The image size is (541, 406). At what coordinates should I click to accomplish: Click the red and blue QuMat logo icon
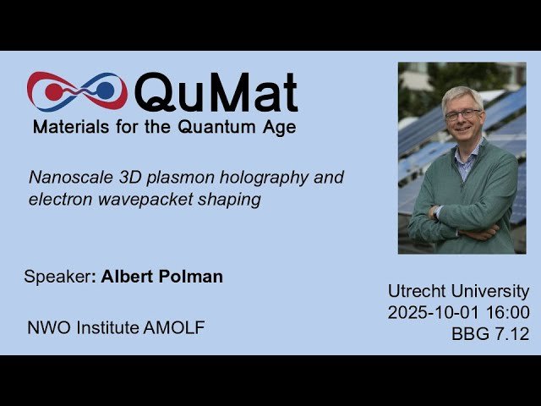click(x=76, y=91)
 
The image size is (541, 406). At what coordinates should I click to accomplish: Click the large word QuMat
click(x=216, y=92)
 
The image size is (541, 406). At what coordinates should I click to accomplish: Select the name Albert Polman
click(x=161, y=277)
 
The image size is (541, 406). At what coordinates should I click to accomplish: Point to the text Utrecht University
click(x=458, y=291)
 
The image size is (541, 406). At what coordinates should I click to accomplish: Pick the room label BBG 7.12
click(x=490, y=334)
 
